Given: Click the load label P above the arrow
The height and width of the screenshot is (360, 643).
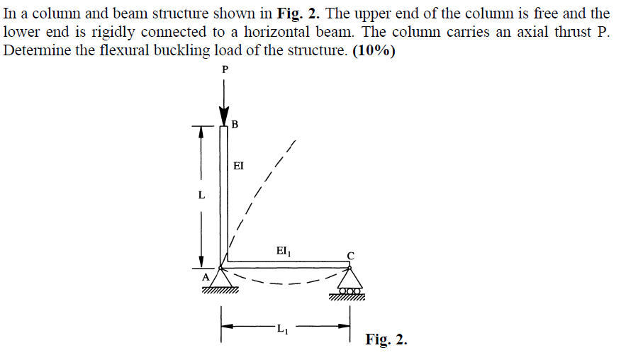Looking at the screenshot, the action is [x=225, y=69].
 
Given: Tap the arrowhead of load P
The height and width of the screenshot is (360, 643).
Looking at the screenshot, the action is [x=224, y=116].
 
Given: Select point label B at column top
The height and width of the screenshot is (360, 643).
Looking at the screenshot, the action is [x=235, y=124].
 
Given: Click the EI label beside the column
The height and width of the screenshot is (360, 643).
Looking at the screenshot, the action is [x=238, y=166].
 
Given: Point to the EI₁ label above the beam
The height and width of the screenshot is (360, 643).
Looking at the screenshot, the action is [x=284, y=251].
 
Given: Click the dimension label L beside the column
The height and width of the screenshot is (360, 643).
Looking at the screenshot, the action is [x=201, y=195].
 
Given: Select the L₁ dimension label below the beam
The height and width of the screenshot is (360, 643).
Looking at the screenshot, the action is [x=283, y=328].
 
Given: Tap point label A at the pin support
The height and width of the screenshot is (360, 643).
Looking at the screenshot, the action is [x=206, y=278].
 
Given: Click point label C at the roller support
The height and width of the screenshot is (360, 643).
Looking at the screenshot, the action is [x=351, y=256].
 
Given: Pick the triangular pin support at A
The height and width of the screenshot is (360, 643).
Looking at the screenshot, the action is [x=221, y=278].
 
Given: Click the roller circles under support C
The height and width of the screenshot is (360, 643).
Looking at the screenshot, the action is [x=350, y=291].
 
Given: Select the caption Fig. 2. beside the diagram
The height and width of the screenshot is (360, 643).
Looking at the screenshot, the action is [x=386, y=339].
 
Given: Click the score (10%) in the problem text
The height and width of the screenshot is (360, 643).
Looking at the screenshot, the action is [x=374, y=50].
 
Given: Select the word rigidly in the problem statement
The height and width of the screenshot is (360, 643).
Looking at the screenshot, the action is [x=108, y=32].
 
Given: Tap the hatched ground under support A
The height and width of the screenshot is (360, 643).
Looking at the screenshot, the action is [x=220, y=291].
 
